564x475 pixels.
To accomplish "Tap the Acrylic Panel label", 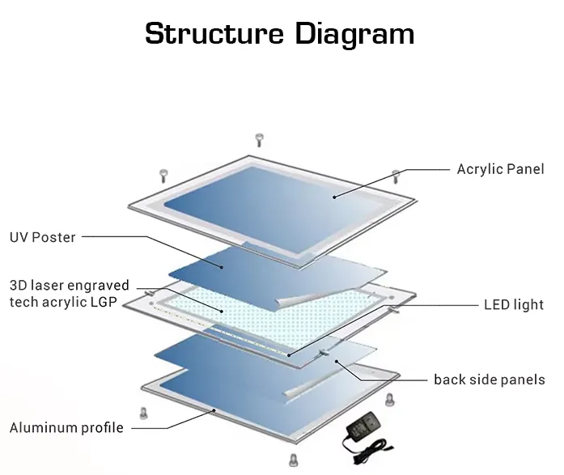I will point(500,169).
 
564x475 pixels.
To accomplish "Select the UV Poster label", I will point(42,237).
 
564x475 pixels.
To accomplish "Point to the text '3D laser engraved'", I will point(69,286).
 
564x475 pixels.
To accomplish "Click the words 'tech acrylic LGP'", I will point(62,302).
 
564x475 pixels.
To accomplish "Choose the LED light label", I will point(514,305).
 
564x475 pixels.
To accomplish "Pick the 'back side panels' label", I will point(490,380).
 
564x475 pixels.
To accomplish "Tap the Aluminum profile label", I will point(66,427).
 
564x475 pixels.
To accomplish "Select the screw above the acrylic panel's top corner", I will point(259,139).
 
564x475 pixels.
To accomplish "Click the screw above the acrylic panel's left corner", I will point(163,173).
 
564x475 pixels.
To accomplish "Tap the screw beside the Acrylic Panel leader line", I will point(396,176).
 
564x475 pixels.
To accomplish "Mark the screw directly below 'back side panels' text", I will point(389,399).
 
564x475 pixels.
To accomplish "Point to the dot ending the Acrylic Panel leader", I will point(334,195).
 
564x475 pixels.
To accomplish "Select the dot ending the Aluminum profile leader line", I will point(214,410).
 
